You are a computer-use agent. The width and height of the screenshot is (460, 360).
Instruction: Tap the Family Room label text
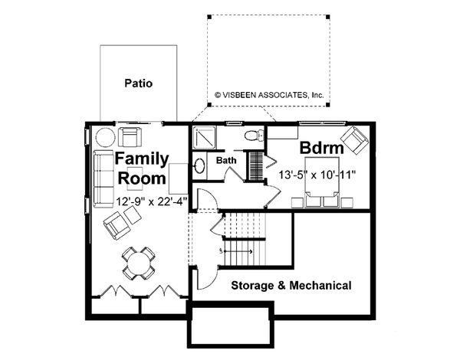[x=140, y=169]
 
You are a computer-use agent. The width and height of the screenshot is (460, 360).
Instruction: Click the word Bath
[x=226, y=161]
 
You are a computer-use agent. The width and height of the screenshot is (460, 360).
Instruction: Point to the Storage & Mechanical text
[x=292, y=286]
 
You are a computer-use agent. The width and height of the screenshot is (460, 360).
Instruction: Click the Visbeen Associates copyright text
[x=269, y=96]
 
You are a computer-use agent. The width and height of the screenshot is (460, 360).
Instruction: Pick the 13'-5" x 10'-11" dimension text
[x=317, y=175]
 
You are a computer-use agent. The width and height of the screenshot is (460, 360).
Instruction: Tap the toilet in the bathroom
[x=252, y=136]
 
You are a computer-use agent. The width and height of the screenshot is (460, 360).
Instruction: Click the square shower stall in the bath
[x=206, y=137]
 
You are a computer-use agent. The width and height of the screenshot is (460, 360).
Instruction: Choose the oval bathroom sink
[x=199, y=165]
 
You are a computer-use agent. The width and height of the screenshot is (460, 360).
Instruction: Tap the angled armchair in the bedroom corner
[x=354, y=140]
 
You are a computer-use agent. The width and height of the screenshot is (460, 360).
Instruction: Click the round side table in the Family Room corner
[x=104, y=138]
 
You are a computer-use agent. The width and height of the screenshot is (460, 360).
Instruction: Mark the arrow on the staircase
[x=238, y=250]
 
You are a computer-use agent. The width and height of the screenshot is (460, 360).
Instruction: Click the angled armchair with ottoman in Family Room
[x=121, y=222]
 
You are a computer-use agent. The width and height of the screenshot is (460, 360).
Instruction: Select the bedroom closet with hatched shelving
[x=254, y=164]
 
